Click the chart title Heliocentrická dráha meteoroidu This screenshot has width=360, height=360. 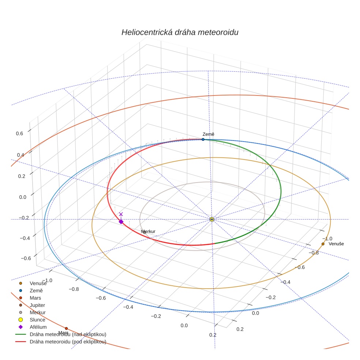coord(180,33)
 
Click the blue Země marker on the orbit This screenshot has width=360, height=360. coord(203,139)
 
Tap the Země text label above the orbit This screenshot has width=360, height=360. coord(209,134)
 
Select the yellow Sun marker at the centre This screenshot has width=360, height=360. coord(212,219)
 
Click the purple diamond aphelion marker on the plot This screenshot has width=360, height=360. coord(121,221)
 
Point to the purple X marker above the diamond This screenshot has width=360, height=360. coord(121,214)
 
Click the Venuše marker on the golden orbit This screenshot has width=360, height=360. coord(323,244)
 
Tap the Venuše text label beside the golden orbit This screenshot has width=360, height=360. coord(336,244)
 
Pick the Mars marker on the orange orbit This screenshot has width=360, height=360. coord(66,328)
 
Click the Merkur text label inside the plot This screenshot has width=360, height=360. coord(148,232)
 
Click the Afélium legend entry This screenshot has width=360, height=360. coord(38,327)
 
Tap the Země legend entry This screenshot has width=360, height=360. coord(36,290)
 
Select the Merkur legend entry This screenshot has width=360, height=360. coord(37,312)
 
